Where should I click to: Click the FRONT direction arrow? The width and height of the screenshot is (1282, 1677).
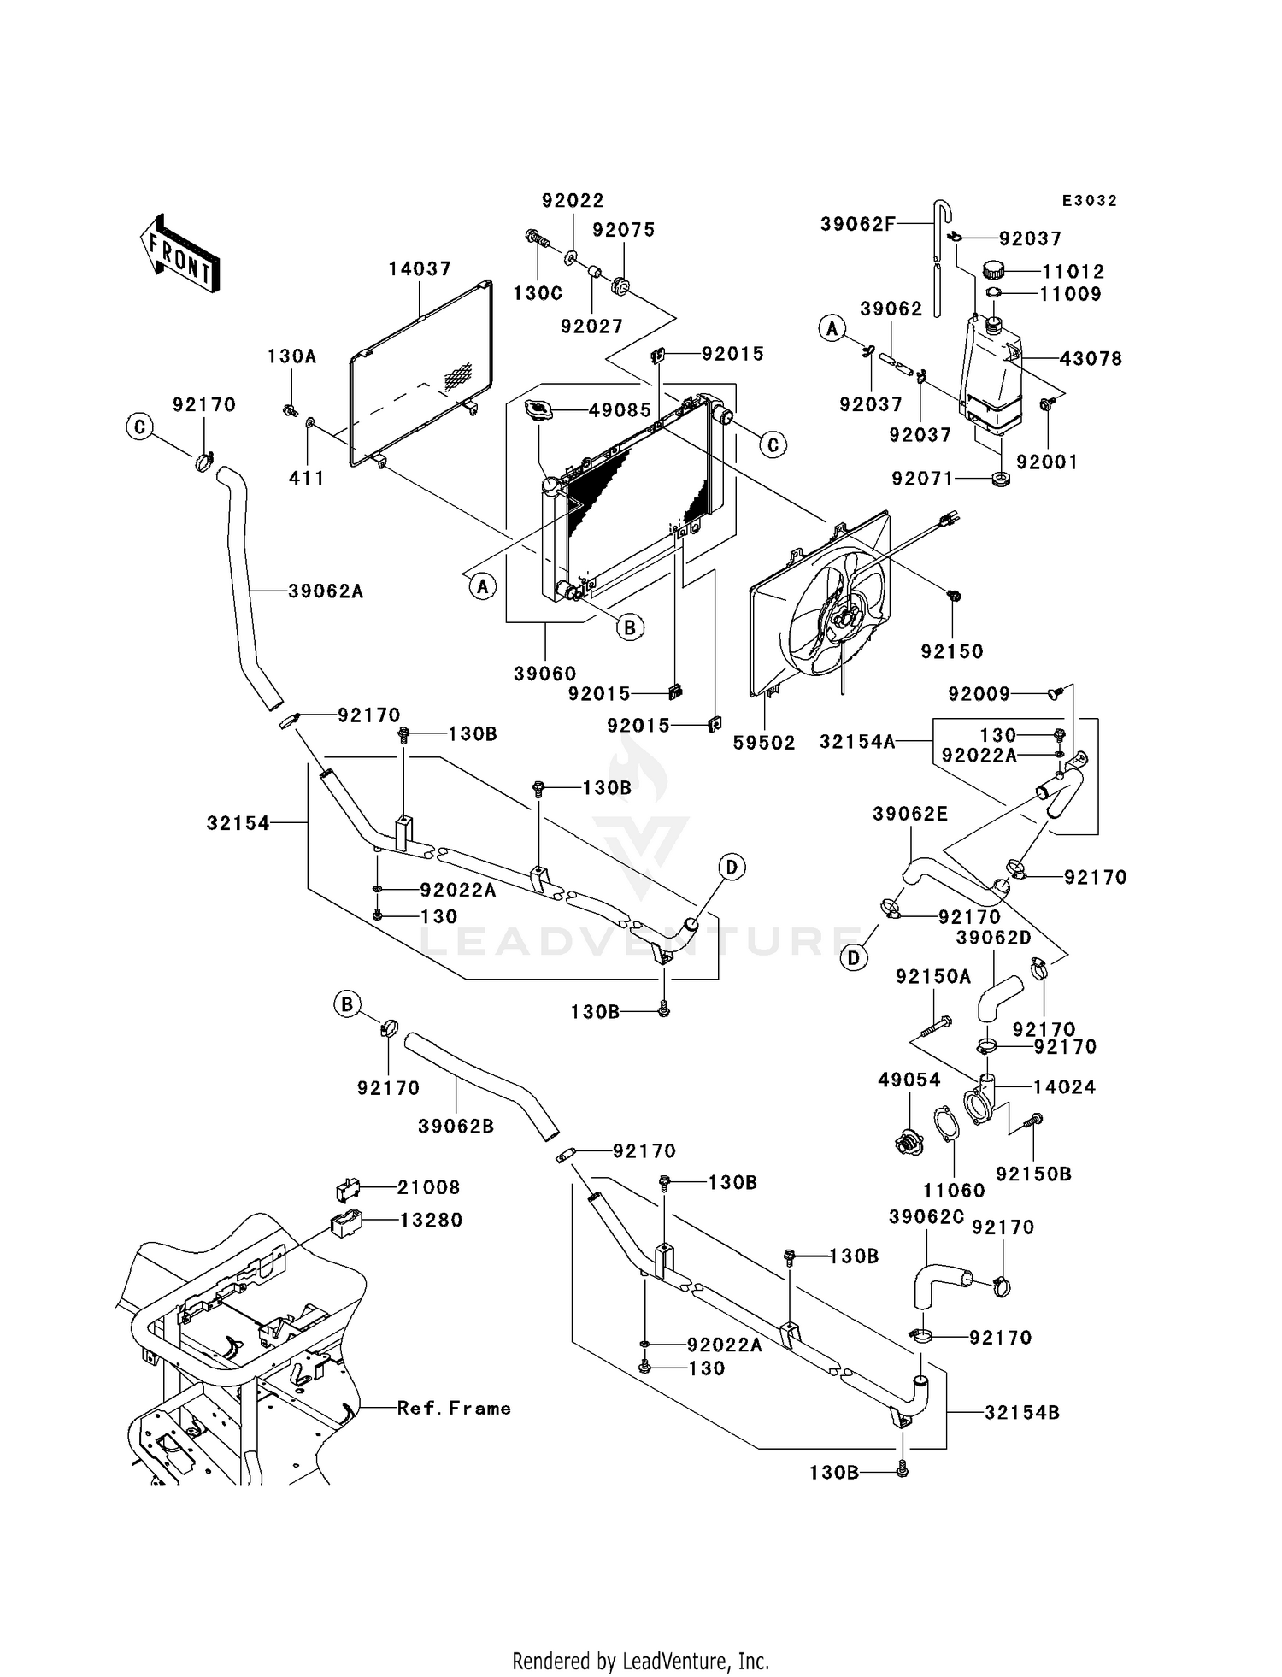point(179,255)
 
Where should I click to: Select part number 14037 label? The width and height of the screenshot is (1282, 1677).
point(419,269)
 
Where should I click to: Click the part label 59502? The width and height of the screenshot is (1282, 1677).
point(764,744)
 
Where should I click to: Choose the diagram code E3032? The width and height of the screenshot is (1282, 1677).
point(1089,201)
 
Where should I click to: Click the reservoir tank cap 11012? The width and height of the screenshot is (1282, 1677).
point(992,271)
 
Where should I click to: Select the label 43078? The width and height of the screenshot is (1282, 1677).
point(1091,359)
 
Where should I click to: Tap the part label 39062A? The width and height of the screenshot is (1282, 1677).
point(326,591)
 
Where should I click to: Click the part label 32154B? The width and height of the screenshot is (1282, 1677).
point(1022,1413)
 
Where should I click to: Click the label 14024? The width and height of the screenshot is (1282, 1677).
point(1064,1087)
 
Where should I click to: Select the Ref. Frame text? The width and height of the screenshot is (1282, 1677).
point(454,1408)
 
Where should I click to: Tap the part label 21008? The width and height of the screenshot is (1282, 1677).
point(428,1187)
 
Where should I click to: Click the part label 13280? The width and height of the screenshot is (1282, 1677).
point(431,1220)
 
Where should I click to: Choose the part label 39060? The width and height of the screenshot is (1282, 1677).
point(544,674)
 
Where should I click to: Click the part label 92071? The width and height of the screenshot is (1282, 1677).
point(922,479)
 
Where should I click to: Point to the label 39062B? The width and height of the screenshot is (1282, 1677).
point(456,1127)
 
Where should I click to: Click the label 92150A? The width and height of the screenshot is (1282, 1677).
point(933,976)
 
